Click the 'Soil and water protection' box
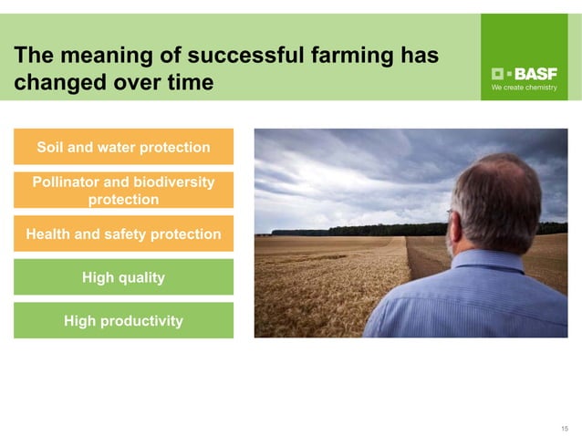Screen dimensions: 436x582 tap(123, 147)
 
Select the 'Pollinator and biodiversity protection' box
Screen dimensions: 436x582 tap(123, 190)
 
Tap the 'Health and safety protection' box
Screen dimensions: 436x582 tap(123, 234)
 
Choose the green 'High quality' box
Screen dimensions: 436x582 tap(123, 276)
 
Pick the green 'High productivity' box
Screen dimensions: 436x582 tap(123, 320)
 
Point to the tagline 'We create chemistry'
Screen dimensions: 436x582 tap(524, 88)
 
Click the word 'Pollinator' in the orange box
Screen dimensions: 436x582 tap(69, 182)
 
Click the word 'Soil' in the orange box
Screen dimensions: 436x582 tap(51, 147)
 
